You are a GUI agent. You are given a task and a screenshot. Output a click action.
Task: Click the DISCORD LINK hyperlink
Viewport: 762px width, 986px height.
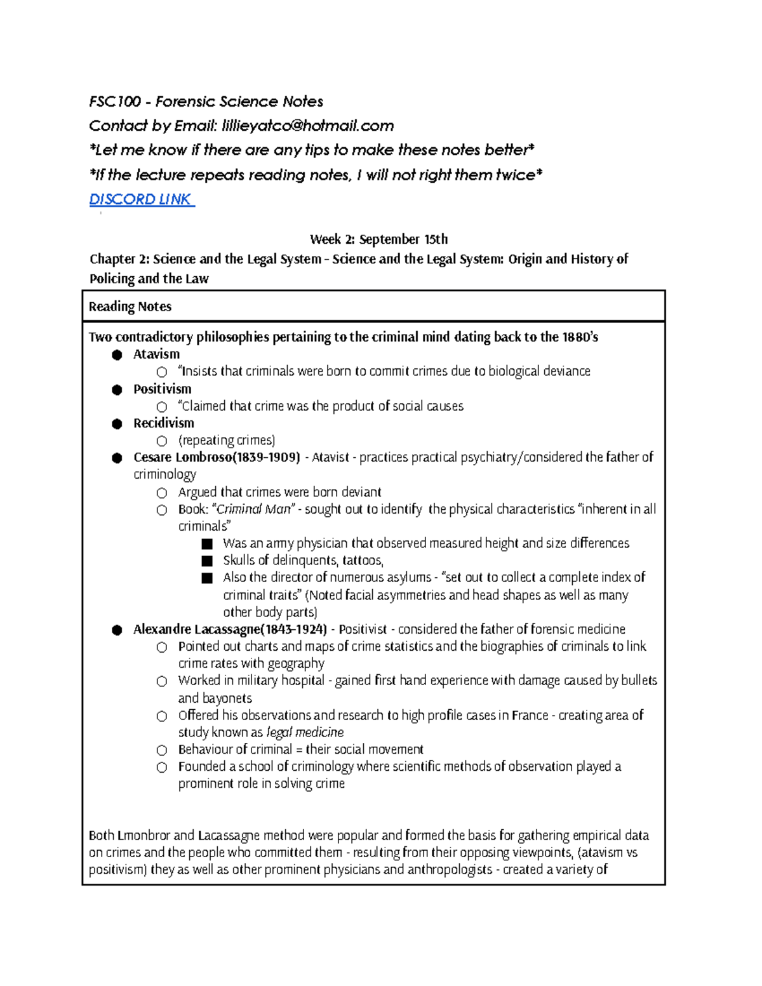[141, 199]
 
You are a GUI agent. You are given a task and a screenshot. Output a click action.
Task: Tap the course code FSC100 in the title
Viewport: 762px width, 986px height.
[115, 102]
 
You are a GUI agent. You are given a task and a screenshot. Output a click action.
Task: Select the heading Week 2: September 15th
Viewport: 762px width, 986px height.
[378, 239]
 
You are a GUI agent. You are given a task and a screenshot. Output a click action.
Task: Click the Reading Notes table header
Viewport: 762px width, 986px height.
[130, 307]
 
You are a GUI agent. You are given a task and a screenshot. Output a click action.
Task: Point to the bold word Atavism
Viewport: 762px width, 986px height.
[156, 354]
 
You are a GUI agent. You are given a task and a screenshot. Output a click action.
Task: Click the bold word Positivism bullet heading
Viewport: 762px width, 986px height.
[162, 389]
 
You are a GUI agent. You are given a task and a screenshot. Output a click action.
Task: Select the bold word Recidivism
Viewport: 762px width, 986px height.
[163, 423]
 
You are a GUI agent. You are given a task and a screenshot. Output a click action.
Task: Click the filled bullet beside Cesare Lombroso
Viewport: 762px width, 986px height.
[117, 458]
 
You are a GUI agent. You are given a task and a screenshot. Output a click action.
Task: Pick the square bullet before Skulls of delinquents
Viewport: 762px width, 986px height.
[206, 561]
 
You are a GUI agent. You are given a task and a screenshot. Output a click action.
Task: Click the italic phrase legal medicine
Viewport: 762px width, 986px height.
[305, 732]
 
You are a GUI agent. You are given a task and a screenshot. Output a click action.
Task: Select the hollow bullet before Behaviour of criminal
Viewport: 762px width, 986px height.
[162, 750]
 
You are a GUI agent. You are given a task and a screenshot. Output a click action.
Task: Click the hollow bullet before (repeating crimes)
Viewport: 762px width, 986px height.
[162, 441]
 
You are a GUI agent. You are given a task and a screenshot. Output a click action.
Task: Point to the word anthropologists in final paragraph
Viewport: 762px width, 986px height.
[450, 870]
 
